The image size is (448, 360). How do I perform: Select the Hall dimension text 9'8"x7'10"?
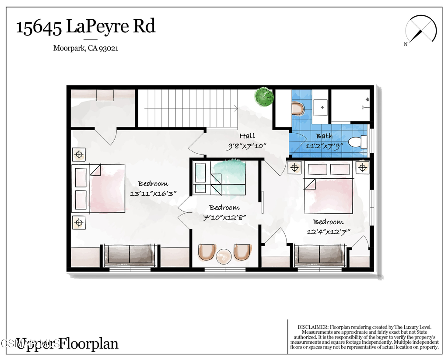coord(246,146)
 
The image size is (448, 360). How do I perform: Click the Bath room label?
coord(324,136)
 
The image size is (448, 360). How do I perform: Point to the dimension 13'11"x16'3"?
coord(153,193)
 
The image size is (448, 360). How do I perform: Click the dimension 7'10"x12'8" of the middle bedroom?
coord(224,217)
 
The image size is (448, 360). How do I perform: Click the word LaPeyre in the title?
coord(98,27)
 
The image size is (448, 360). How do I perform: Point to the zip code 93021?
coord(109,49)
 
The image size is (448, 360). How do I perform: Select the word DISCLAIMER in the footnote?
coord(312,327)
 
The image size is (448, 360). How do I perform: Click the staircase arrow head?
coord(236,108)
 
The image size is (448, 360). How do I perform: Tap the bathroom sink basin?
coord(322,106)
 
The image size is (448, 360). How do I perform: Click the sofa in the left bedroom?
coord(129,254)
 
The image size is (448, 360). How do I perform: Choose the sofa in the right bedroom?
coord(320,254)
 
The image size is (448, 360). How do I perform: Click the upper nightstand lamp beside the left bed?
coord(79,155)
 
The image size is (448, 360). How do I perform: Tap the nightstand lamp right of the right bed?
coord(362,167)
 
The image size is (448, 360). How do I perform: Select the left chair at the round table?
coord(206,253)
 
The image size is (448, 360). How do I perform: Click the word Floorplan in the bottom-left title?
coord(89,343)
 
